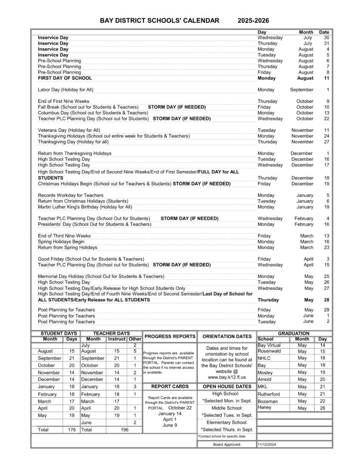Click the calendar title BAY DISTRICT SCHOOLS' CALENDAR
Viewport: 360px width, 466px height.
159,20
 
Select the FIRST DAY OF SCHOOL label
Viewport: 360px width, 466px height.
65,78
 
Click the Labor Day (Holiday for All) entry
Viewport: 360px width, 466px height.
66,90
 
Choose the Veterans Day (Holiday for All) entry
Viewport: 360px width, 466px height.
69,130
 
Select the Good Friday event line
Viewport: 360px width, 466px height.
91,259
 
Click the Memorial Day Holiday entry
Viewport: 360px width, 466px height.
101,276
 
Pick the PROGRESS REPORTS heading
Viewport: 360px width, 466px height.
170,336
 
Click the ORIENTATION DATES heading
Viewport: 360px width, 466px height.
227,336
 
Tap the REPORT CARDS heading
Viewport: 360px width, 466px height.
170,386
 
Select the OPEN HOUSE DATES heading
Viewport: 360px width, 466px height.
227,386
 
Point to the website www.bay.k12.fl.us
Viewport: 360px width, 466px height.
227,377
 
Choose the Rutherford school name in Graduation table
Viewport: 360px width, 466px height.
269,394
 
